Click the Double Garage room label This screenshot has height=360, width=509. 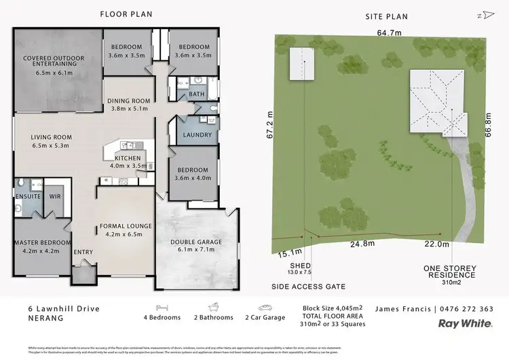[x=196, y=242]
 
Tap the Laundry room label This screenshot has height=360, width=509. [x=197, y=135]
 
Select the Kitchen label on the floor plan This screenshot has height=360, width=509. [x=128, y=158]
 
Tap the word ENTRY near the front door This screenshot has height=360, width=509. [x=83, y=252]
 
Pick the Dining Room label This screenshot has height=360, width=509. [x=128, y=102]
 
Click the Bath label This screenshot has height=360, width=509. [x=197, y=94]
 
